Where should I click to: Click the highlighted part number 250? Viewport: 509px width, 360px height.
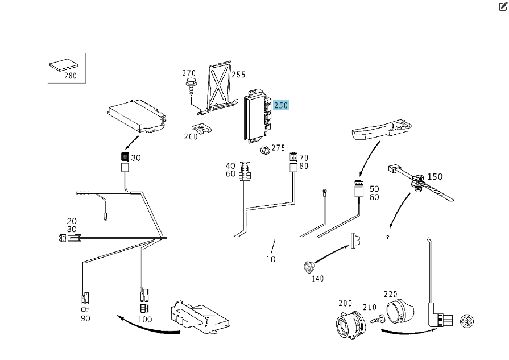pos(281,105)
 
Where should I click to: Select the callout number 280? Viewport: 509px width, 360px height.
pos(71,76)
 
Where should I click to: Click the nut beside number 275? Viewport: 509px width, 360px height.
pos(264,150)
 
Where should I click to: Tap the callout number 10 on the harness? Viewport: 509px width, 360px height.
pos(271,259)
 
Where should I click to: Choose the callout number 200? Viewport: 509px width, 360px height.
pos(345,303)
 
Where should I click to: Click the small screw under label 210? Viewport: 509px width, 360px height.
pos(375,320)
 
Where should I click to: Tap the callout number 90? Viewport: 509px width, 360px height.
pos(85,318)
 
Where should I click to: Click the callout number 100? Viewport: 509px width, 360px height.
pos(146,319)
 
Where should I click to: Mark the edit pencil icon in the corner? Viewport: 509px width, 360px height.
pos(503,7)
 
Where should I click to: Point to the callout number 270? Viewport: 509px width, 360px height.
pos(189,73)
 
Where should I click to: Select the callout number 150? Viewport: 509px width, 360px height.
pos(435,176)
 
